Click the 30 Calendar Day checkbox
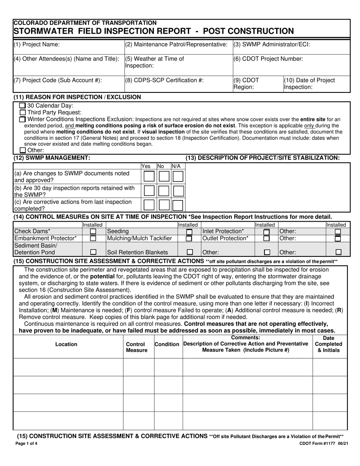(x=22, y=106)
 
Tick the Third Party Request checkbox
(x=22, y=113)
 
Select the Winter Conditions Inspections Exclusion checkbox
(x=22, y=119)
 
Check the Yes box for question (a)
(x=149, y=177)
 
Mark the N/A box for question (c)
(x=178, y=205)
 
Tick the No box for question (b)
(x=164, y=191)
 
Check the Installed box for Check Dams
(x=93, y=231)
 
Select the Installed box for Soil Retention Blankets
(x=190, y=252)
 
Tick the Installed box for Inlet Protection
(x=267, y=231)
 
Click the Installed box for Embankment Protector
(x=93, y=238)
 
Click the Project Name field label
(x=37, y=44)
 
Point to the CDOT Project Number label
(x=268, y=59)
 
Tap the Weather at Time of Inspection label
(x=154, y=62)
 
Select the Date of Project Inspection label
(x=309, y=83)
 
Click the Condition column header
(x=167, y=344)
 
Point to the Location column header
(x=66, y=344)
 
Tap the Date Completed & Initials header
(x=329, y=344)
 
